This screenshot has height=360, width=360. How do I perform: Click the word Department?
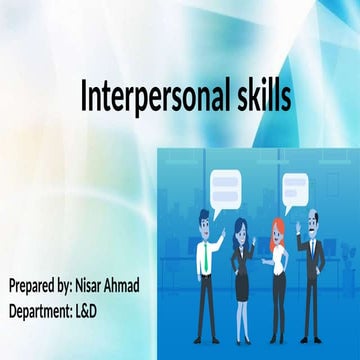tap(44, 311)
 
